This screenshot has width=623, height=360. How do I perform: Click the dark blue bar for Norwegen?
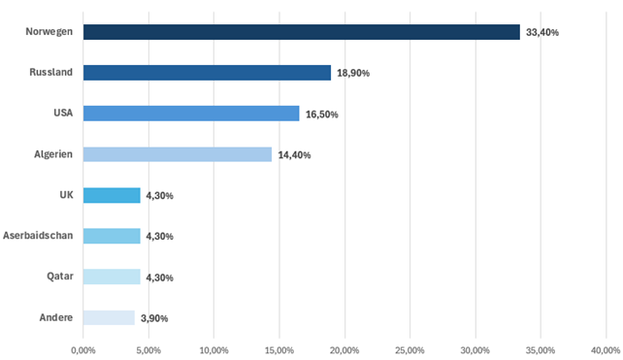302,32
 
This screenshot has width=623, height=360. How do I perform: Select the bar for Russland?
207,73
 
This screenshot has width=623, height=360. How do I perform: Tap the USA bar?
191,114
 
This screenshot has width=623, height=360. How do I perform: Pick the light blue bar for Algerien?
178,154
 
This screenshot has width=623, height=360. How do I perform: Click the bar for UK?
112,195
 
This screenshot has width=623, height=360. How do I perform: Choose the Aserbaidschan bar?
112,236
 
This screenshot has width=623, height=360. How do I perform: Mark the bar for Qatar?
112,277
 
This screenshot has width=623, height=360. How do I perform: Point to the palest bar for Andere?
109,317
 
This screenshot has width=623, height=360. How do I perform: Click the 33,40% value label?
542,33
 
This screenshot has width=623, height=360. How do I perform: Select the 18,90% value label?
353,73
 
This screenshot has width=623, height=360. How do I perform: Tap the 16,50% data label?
322,115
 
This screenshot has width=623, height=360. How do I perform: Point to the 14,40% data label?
294,155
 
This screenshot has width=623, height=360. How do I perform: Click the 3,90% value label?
154,318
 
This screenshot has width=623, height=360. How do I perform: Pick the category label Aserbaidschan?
38,236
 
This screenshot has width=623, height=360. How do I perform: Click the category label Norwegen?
49,32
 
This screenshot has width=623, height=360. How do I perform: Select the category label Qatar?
60,277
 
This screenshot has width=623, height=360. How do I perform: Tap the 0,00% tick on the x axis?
83,350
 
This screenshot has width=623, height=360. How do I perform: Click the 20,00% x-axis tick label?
344,350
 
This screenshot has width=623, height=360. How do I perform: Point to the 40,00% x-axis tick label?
606,350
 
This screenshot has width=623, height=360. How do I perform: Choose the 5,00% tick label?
149,350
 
